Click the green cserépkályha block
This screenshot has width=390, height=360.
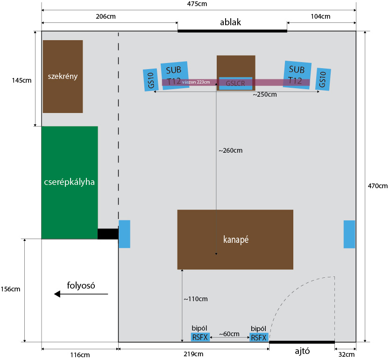tap(70, 182)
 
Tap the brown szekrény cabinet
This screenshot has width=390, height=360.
tap(63, 76)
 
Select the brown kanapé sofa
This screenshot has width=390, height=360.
tap(235, 239)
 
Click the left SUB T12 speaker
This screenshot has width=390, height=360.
tap(175, 75)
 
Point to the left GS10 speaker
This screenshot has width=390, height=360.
tap(151, 80)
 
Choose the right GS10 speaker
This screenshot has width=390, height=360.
tap(323, 79)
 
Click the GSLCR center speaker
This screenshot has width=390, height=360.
tap(235, 84)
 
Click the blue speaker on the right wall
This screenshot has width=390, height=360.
tap(349, 234)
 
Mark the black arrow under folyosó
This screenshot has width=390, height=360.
tap(80, 294)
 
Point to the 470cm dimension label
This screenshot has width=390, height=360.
tap(378, 186)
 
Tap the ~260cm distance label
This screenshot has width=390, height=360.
tap(231, 150)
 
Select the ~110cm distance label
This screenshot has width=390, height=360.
tap(195, 299)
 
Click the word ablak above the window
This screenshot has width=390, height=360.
tap(231, 22)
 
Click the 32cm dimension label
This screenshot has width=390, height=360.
tap(346, 354)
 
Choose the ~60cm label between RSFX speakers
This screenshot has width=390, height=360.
tap(229, 334)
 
